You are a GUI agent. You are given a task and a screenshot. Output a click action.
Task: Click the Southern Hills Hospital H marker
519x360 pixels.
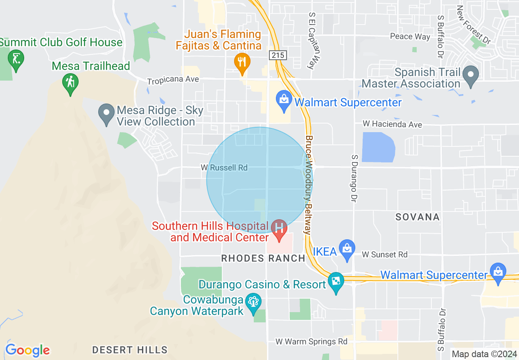[x=280, y=227]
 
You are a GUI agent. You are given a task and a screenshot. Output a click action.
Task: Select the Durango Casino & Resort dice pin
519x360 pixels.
[x=336, y=281]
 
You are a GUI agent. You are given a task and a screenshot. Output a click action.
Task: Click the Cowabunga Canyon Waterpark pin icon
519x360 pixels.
[x=253, y=303]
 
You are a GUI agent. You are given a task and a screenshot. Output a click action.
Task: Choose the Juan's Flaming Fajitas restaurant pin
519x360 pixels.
[x=242, y=63]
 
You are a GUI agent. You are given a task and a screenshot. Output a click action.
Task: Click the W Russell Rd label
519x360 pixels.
[x=224, y=168]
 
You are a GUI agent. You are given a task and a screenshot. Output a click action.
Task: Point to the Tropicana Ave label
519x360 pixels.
[x=173, y=79]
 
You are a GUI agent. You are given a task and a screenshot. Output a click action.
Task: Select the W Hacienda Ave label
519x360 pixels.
[x=392, y=124]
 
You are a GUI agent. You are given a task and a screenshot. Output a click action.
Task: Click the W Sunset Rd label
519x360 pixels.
[x=384, y=254]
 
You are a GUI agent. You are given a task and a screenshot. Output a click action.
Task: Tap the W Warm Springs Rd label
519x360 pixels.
[x=311, y=341]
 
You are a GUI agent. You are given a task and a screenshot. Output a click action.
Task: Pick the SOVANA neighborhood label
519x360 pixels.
[x=417, y=217]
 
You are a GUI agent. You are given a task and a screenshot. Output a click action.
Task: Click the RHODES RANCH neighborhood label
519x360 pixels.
[x=263, y=258]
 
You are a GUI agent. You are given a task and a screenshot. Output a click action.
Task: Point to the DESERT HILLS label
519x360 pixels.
[x=130, y=350]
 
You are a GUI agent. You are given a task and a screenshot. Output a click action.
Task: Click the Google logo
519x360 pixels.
[x=27, y=350]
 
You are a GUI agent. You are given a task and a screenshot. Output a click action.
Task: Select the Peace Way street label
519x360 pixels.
[x=410, y=36]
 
